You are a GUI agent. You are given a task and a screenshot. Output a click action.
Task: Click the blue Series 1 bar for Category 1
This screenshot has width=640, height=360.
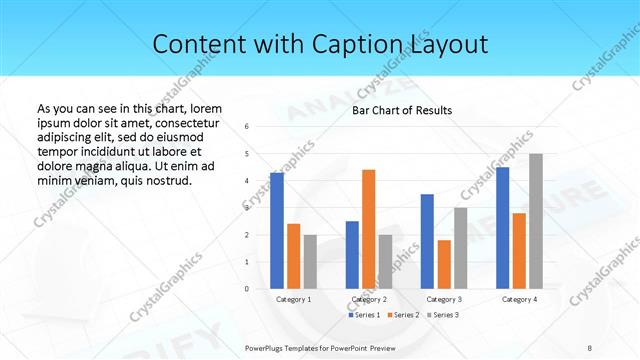point(277,231)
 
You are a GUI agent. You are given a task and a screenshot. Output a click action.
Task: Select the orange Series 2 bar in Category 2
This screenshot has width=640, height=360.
point(369,229)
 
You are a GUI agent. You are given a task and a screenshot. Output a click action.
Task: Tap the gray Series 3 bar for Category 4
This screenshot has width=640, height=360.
point(536,221)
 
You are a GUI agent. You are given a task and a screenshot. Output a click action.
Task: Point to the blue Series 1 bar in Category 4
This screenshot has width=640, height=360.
point(502,228)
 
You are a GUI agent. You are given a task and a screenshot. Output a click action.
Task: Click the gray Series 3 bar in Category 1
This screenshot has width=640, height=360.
point(310,262)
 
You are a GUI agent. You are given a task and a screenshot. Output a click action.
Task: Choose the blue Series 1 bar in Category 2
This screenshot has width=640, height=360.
point(352,255)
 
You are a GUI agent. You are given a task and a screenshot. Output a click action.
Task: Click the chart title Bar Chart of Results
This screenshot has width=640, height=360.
point(402,110)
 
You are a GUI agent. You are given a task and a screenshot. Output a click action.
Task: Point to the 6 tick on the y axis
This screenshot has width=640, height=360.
point(247,127)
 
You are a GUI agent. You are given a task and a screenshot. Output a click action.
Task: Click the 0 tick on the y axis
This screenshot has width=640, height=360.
point(247,289)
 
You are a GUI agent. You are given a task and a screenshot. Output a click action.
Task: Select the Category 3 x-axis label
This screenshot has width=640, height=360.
point(444,299)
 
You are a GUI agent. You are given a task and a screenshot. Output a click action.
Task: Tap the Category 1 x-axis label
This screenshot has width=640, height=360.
point(293,299)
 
